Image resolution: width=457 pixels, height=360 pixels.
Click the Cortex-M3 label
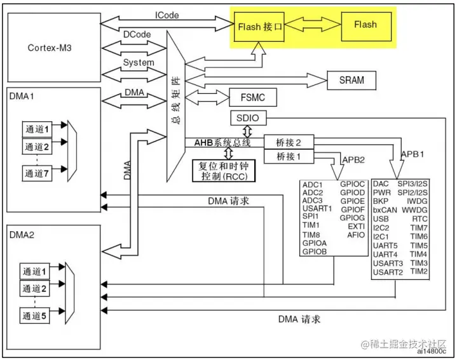pos(50,48)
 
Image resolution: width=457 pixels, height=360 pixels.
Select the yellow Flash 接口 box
pos(259,27)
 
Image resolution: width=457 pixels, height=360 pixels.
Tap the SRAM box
pos(351,80)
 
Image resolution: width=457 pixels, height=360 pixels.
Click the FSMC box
pos(253,97)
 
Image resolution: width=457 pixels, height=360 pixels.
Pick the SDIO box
pos(248,118)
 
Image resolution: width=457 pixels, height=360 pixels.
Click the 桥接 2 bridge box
pos(289,142)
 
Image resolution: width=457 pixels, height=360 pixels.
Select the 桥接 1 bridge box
pos(289,157)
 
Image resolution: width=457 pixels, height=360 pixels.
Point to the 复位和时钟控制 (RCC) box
pos(224,171)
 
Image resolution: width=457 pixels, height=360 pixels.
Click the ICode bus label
pos(167,15)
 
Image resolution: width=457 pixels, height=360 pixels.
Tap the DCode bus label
pos(137,34)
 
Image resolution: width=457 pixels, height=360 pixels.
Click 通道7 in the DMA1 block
pos(37,173)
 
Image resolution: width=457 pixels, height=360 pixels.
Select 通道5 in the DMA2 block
pos(34,316)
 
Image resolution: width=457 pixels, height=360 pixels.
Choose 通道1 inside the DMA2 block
pos(34,272)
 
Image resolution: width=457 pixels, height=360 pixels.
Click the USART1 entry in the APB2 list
pos(317,208)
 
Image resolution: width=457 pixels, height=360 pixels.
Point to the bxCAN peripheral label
pos(385,210)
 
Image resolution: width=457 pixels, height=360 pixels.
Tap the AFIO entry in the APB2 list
pos(356,235)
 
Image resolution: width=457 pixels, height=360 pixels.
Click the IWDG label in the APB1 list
pos(417,201)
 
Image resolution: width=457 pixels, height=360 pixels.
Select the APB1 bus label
pos(413,154)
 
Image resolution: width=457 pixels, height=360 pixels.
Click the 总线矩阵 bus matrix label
pos(176,100)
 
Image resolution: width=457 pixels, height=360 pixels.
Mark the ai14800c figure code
pos(432,351)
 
